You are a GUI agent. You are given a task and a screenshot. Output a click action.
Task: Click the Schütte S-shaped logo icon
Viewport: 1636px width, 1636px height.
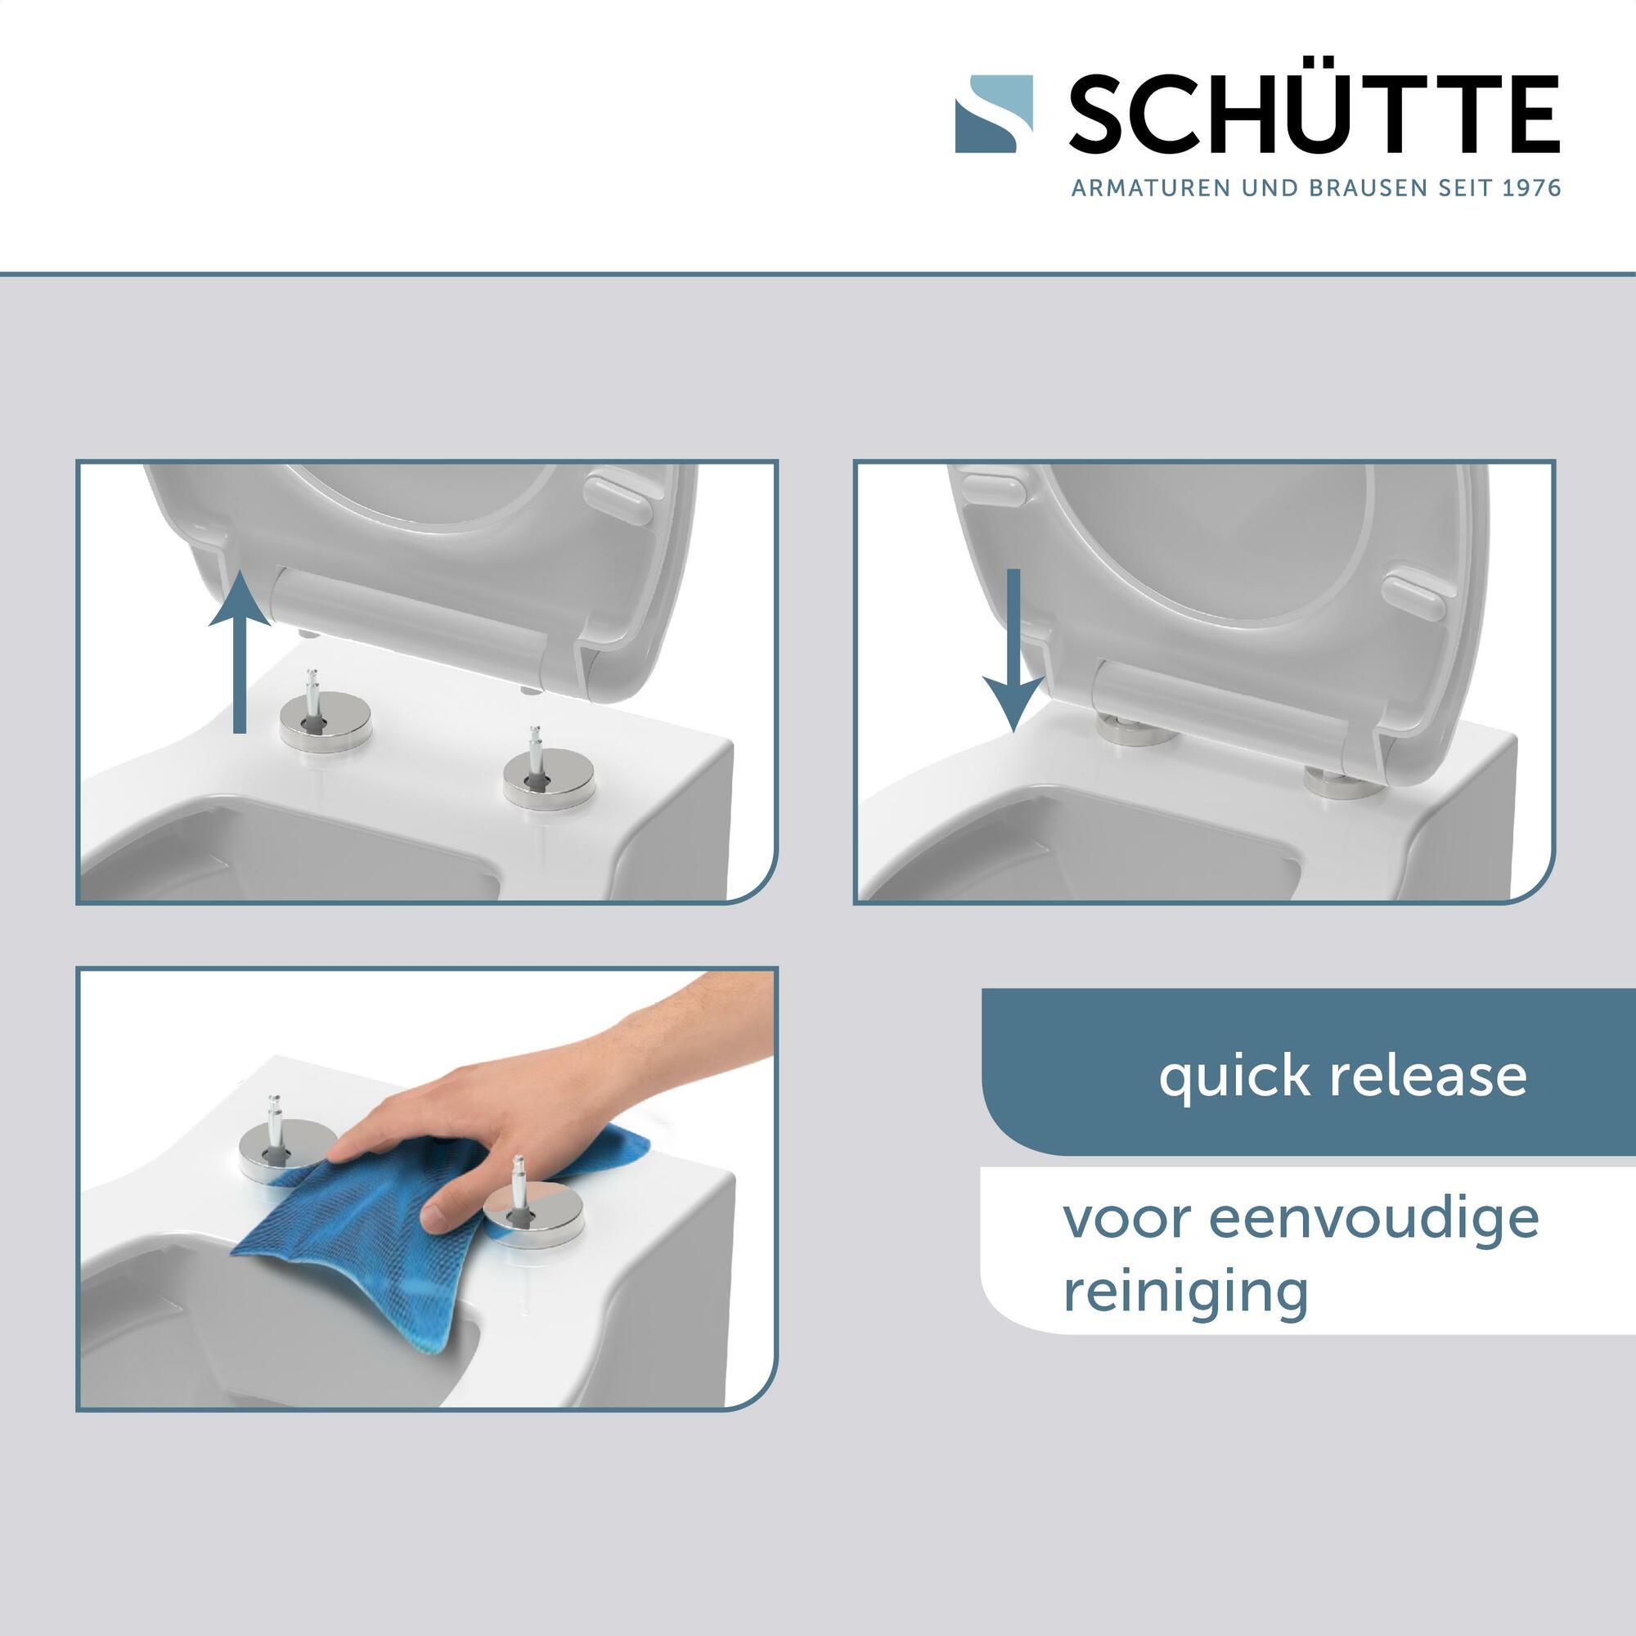coord(994,115)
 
